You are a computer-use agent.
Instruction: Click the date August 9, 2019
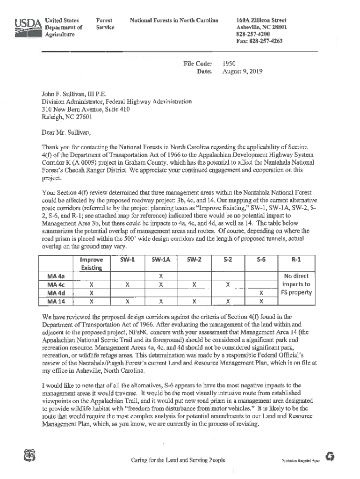243,72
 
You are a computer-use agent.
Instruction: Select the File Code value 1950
230,63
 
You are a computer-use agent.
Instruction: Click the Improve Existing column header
91,263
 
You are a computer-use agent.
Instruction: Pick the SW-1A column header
160,259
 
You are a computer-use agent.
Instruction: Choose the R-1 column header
295,259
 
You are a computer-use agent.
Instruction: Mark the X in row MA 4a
160,276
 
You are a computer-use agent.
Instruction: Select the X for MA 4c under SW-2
194,284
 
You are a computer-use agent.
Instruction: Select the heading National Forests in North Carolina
174,21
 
